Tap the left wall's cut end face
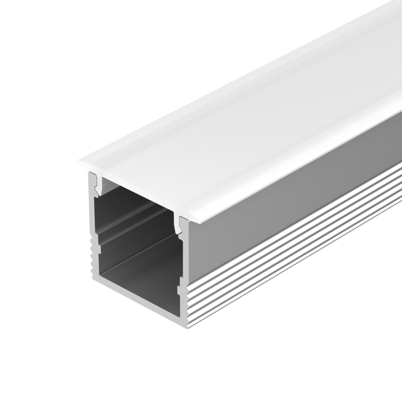(94, 232)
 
